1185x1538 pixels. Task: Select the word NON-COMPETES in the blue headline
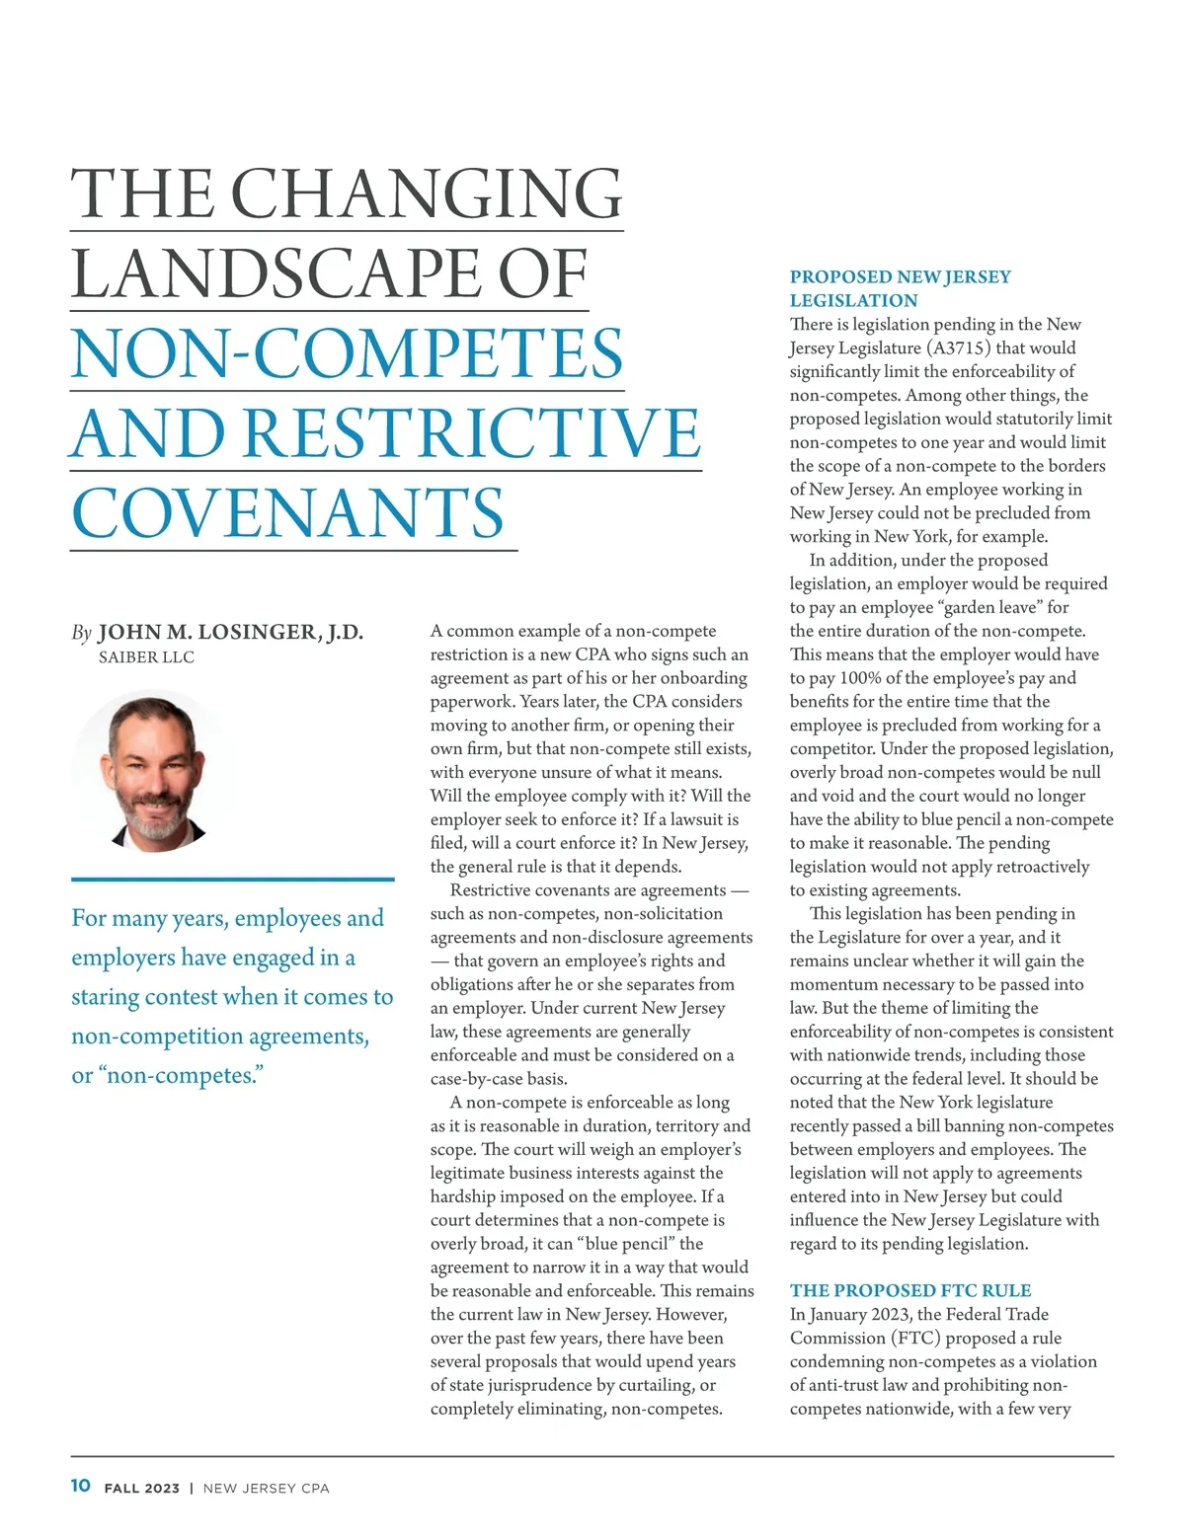coord(348,353)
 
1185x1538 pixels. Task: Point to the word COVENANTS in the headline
coord(287,512)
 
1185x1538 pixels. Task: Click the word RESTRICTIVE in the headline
coord(472,433)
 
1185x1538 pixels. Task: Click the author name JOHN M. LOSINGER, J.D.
coord(230,632)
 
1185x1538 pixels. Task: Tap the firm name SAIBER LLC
coord(146,657)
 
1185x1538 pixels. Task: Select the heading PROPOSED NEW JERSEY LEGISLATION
coord(900,288)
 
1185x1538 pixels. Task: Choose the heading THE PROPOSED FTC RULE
coord(909,1290)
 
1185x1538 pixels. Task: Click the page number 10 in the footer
coord(81,1486)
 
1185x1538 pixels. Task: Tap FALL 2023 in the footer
coord(142,1489)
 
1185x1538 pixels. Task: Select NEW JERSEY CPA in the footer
coord(266,1489)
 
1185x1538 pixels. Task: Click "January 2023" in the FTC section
coord(859,1314)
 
